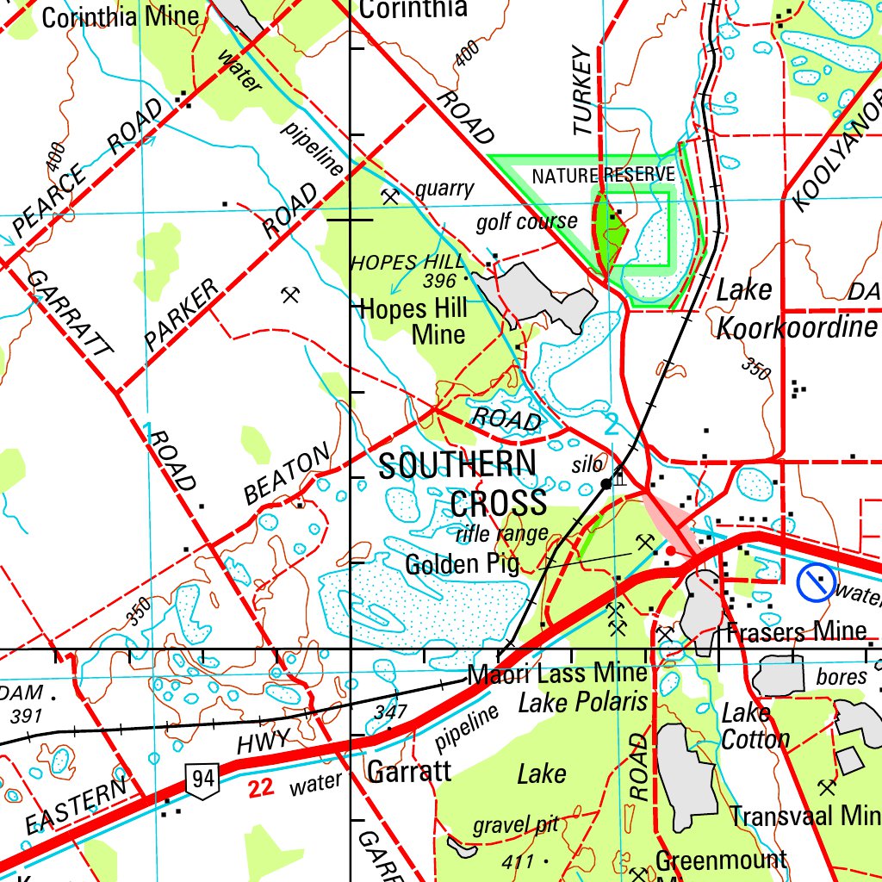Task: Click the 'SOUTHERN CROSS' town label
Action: click(x=462, y=483)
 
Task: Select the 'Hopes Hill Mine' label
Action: click(x=413, y=320)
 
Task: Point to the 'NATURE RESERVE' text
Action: click(x=603, y=176)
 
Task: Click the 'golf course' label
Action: click(x=526, y=222)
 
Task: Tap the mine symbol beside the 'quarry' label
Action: click(x=390, y=196)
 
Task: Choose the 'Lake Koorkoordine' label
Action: click(x=796, y=308)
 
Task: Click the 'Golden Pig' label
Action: click(x=462, y=564)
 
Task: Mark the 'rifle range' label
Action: click(x=501, y=534)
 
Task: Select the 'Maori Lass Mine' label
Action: click(x=556, y=674)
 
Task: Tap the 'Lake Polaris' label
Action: click(x=582, y=702)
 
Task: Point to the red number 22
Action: click(x=263, y=786)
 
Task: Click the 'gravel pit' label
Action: click(x=515, y=825)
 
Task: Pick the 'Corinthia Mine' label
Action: click(x=120, y=16)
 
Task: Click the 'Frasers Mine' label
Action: click(x=796, y=631)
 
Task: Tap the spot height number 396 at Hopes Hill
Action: click(x=439, y=281)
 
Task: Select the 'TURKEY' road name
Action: click(x=583, y=90)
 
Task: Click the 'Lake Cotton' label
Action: click(x=755, y=726)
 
